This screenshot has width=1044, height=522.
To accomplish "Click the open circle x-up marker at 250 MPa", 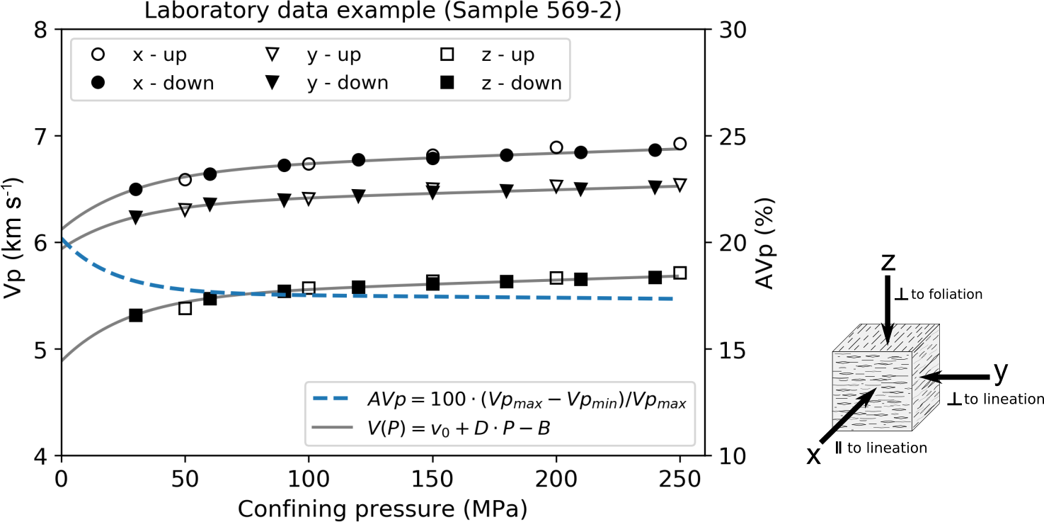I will click(680, 144).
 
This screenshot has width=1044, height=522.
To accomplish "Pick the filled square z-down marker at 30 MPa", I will click(136, 315).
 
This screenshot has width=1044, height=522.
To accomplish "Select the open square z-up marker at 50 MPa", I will click(185, 308).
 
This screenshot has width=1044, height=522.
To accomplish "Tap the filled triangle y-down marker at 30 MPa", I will click(136, 217).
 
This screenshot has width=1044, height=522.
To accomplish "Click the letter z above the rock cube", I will click(888, 262).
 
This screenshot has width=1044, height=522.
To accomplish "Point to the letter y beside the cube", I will click(1000, 370).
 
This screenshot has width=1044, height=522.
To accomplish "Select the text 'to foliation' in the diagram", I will click(946, 294).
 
